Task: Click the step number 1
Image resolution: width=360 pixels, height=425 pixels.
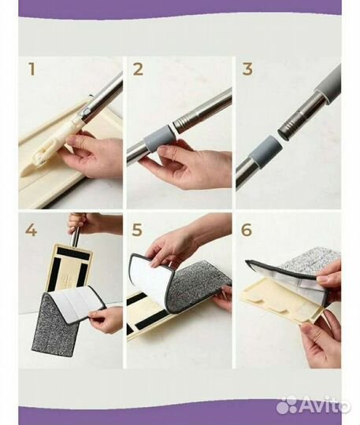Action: click(x=32, y=69)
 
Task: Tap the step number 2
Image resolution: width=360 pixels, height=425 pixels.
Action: click(x=138, y=69)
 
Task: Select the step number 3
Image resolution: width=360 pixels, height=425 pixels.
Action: click(x=247, y=69)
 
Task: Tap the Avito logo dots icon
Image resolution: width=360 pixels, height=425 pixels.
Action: click(x=289, y=405)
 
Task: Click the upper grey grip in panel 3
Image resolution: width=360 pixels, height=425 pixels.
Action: click(x=328, y=83)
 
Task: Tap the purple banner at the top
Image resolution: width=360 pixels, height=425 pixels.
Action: click(x=180, y=9)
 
